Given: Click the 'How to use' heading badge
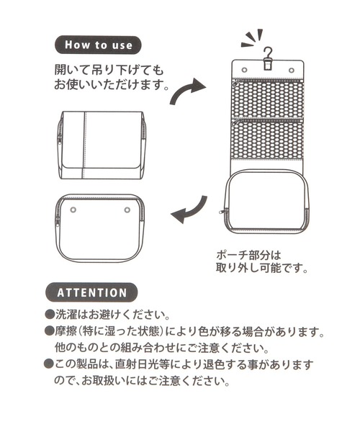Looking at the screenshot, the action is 98,45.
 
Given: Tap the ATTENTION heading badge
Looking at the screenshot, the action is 91,292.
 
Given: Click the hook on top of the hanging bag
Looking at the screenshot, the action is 268,58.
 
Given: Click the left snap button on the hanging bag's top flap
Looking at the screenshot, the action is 244,70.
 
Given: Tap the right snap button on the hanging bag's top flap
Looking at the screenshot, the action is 291,70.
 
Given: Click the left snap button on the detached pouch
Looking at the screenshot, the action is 73,210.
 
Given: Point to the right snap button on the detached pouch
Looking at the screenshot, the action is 127,210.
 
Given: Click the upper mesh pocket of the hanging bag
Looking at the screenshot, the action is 268,100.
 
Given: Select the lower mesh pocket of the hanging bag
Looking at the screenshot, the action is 268,140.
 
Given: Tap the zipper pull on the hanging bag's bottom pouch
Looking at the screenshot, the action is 222,212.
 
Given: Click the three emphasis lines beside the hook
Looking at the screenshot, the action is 251,38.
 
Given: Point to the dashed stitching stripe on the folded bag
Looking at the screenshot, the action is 85,145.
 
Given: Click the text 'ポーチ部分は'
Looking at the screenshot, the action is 248,255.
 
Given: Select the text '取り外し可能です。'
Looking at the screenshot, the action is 261,268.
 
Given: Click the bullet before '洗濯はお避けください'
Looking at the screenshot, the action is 49,315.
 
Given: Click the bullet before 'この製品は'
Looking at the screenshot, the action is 49,364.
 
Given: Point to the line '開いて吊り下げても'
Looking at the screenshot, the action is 109,70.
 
